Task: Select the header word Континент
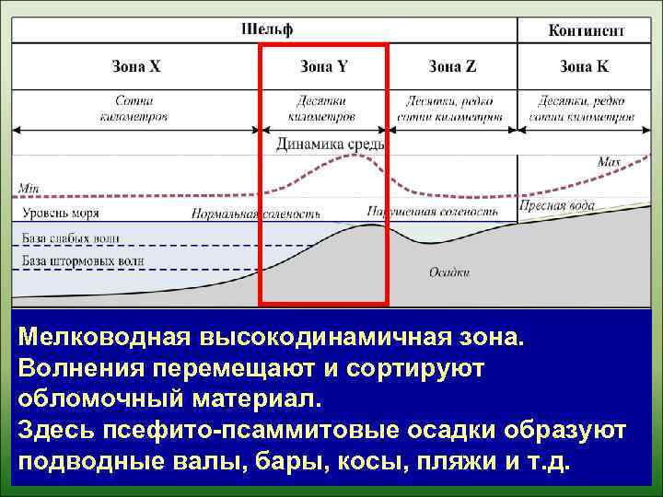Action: tap(587, 30)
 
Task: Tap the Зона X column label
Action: tap(136, 66)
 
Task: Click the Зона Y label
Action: tap(324, 66)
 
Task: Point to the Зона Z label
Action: tap(452, 66)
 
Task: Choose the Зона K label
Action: tap(584, 66)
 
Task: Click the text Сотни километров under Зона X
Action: tap(134, 110)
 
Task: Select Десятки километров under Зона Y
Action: tap(321, 110)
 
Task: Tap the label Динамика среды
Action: tap(330, 144)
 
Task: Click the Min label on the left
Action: tap(28, 190)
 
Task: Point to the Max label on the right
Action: tap(610, 162)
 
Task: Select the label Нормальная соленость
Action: tap(255, 214)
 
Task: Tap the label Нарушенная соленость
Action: tap(432, 212)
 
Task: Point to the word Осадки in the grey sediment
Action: tap(449, 272)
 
